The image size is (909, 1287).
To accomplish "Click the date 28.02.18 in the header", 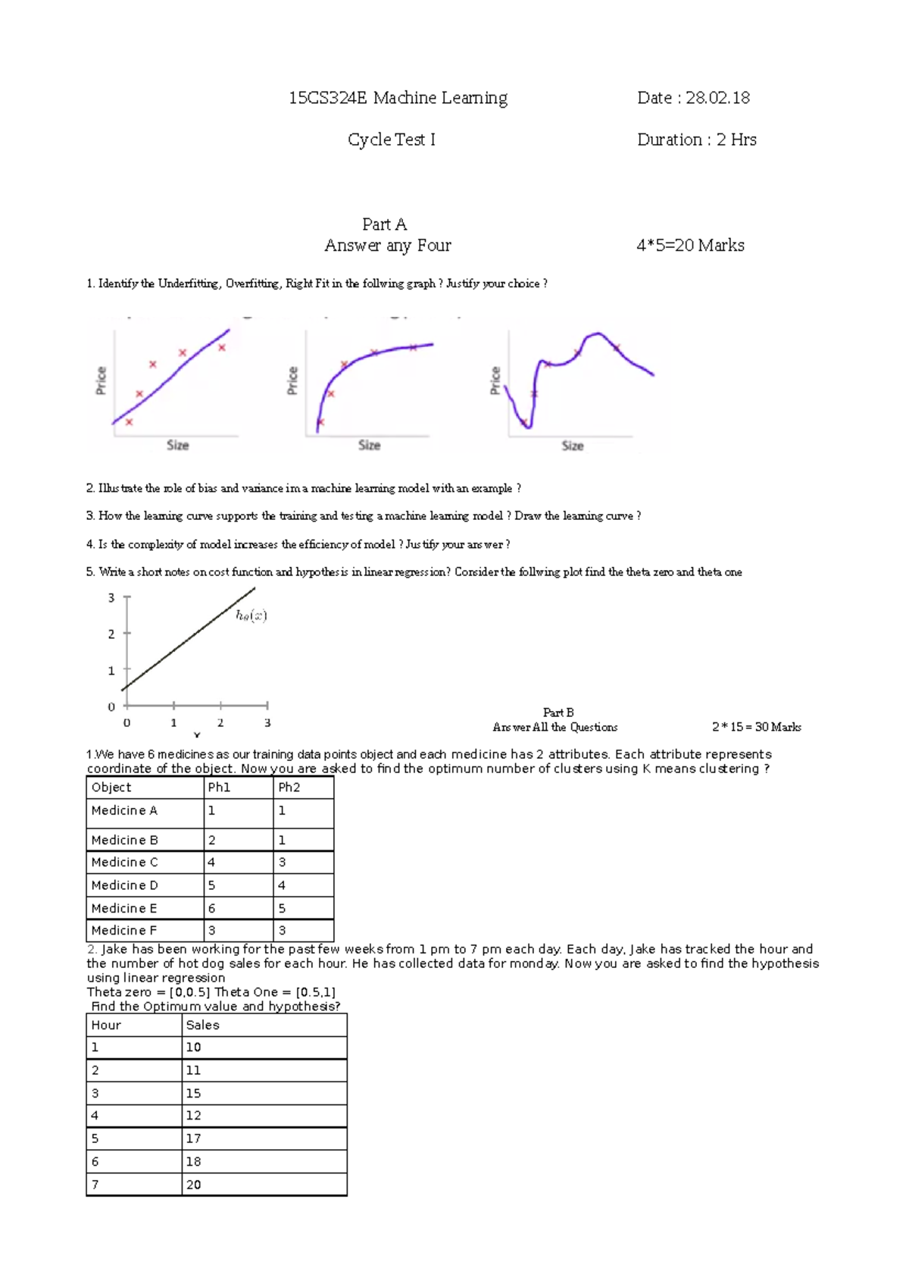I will pos(717,98).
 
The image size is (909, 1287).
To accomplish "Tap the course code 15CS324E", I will pos(327,98).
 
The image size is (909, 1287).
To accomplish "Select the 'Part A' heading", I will pos(384,224).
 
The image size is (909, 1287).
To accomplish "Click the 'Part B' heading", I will pos(558,712).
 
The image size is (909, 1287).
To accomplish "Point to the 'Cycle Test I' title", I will pos(391,139).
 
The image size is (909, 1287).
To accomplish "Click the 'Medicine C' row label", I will pos(124,863).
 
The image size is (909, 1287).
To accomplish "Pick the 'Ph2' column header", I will pos(289,788).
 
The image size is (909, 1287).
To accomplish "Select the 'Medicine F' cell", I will pos(123,931).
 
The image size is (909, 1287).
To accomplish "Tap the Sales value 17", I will pos(193,1138).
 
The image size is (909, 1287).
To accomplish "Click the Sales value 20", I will pos(193,1185).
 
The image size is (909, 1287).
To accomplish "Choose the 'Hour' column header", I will pos(106,1026).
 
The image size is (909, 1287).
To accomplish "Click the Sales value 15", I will pos(193,1094).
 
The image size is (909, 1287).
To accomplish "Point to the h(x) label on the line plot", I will pos(251,615).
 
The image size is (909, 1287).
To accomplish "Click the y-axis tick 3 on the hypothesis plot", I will pos(111,598).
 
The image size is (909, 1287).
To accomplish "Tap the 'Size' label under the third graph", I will pos(572,446).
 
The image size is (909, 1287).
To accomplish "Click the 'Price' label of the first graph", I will pos(101,380).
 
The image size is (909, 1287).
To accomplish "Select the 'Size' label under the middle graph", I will pos(369,445).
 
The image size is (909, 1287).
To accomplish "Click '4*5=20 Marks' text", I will pos(690,246).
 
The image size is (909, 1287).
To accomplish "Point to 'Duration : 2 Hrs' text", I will pos(696,139).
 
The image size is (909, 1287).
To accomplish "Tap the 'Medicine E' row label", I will pos(123,908).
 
